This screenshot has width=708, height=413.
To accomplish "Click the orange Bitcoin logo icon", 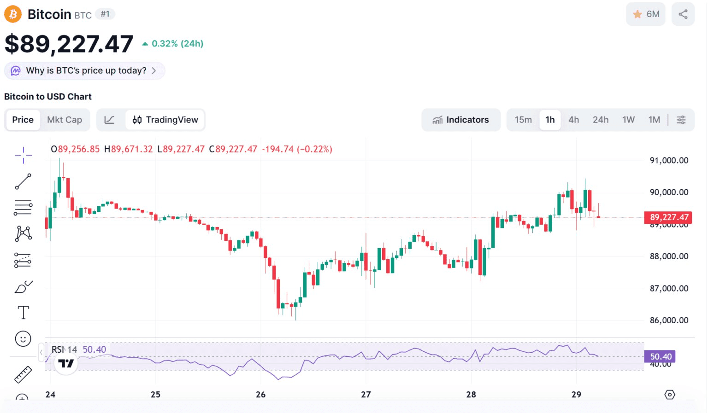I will (13, 14).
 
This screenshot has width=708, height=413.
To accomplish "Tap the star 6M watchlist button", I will (645, 14).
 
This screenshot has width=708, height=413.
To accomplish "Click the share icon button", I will (683, 14).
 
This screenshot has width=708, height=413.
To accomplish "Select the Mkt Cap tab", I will (65, 120).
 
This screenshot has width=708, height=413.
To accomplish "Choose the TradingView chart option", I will (165, 120).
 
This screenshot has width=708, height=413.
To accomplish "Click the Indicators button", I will (460, 120).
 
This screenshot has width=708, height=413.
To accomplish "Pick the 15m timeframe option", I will (523, 120).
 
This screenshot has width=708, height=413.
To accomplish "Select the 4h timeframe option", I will (573, 120).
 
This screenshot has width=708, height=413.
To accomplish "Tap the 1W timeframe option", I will (628, 120).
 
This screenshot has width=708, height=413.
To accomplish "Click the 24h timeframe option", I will (601, 120).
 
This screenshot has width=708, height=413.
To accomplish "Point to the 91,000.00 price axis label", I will (669, 160).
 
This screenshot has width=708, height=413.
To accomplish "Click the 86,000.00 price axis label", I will (669, 320).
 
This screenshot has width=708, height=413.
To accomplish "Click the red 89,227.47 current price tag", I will (669, 217).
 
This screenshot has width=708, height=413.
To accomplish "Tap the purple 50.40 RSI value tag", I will (660, 356).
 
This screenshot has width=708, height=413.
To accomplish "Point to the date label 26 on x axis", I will (261, 395).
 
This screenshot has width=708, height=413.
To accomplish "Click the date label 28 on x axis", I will (471, 395).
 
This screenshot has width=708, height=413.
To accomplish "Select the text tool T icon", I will (23, 313).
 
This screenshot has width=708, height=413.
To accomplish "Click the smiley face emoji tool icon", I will (23, 339).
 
